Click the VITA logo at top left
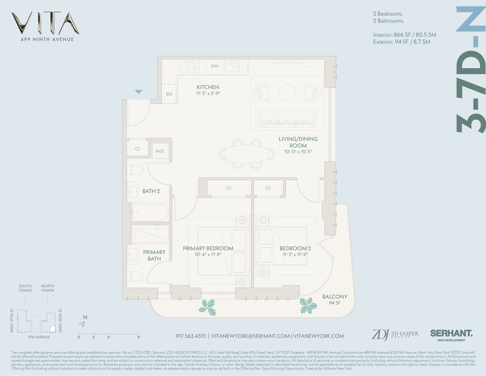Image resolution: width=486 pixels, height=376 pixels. (x=45, y=23)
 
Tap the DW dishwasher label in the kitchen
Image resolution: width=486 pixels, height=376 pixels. (x=214, y=66)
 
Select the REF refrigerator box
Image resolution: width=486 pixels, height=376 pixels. (x=169, y=94)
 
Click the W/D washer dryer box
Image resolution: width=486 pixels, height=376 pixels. (x=160, y=151)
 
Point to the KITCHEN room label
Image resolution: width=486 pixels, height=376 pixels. (x=208, y=87)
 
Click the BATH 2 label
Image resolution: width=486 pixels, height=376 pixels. (x=151, y=191)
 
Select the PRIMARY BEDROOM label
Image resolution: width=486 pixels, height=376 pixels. (x=208, y=249)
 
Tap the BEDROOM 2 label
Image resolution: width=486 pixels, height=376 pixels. (x=295, y=249)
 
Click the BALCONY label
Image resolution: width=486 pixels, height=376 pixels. (x=335, y=297)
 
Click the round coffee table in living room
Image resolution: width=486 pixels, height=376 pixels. (x=287, y=92)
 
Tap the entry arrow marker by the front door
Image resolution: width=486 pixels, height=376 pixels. (x=139, y=92)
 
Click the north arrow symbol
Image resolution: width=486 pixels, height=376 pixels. (x=83, y=323)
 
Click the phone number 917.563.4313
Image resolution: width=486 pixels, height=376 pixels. (x=190, y=336)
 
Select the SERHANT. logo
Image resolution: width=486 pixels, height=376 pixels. (x=451, y=334)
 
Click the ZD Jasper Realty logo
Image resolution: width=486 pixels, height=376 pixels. (x=395, y=334)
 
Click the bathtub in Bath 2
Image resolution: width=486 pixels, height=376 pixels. (x=150, y=213)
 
